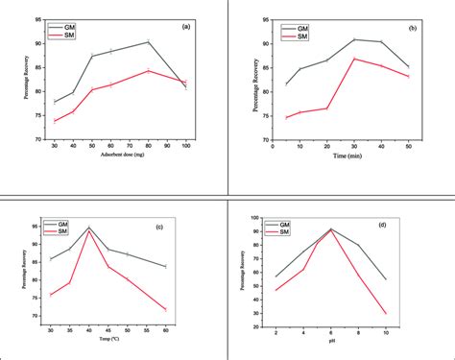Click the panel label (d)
(409, 225)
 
